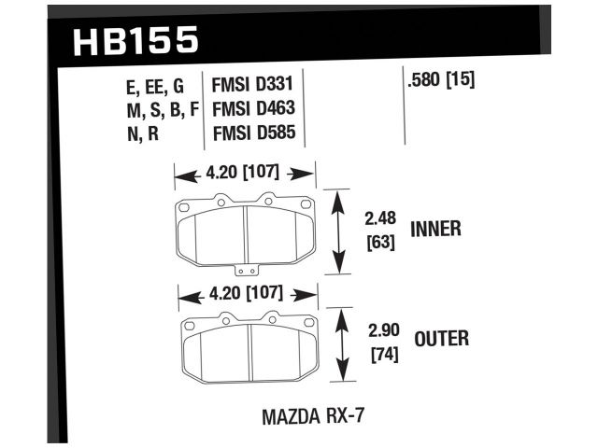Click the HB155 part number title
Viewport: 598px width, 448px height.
point(135,39)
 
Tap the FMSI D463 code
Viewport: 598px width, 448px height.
point(255,110)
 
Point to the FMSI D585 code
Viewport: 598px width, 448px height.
point(255,133)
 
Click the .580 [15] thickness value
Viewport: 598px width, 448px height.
point(442,80)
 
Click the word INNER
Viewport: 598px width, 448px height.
point(435,229)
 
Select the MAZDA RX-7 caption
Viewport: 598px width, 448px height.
point(313,412)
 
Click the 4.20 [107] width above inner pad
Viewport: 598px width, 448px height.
point(246,173)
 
